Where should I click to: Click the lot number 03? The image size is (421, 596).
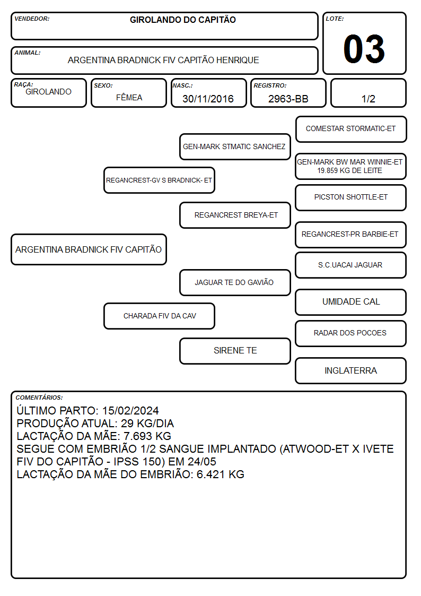click(364, 49)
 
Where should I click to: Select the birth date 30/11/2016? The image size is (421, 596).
click(208, 99)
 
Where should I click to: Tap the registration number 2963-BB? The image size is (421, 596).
click(288, 99)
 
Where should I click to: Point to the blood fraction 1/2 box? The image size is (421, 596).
click(368, 93)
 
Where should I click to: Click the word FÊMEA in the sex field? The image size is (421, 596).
click(129, 97)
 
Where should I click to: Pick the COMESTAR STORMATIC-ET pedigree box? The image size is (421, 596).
click(351, 129)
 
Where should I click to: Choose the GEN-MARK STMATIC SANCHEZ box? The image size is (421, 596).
click(235, 146)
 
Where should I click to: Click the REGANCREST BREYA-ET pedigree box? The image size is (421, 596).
click(235, 215)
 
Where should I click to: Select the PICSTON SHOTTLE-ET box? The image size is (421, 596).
click(351, 197)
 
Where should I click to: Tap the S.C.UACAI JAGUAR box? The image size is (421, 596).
click(351, 265)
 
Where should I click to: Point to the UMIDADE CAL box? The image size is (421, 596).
click(351, 302)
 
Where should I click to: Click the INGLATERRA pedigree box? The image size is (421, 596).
click(351, 370)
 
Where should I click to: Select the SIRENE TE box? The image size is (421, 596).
click(235, 351)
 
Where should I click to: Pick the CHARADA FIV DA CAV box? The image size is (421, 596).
click(160, 316)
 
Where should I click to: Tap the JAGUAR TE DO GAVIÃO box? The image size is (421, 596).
click(235, 282)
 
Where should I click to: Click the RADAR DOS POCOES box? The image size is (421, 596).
click(351, 333)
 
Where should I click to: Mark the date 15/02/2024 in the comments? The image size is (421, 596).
click(130, 410)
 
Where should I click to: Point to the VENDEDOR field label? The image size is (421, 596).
click(32, 19)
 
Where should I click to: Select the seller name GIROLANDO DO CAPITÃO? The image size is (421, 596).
click(183, 20)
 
